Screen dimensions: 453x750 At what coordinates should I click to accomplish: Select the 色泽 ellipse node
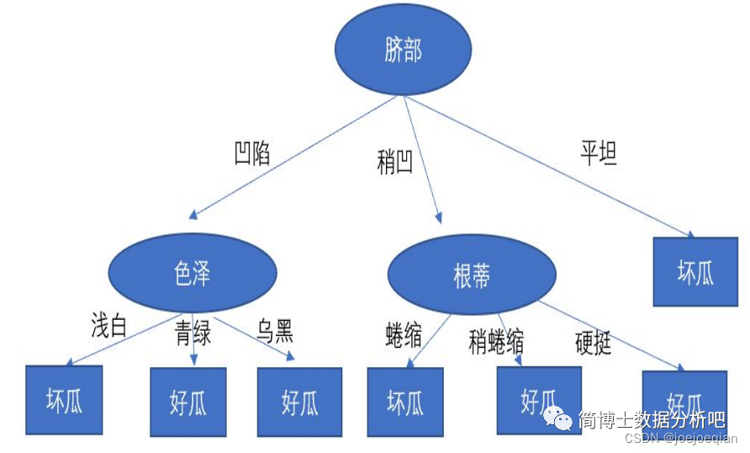[193, 274]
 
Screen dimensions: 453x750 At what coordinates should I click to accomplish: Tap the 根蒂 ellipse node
[471, 275]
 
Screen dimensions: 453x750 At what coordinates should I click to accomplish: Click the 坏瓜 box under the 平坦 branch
[695, 270]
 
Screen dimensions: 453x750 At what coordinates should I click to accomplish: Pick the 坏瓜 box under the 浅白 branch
[64, 399]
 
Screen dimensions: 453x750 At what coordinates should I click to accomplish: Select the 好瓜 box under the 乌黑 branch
[299, 402]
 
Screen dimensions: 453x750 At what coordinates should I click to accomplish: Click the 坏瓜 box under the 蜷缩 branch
[405, 402]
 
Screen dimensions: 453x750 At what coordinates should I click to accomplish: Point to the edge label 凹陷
[251, 153]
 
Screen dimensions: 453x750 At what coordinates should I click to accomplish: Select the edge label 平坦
[599, 154]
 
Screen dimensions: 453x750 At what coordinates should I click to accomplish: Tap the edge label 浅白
[108, 326]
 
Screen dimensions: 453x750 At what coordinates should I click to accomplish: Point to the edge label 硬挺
[593, 343]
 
